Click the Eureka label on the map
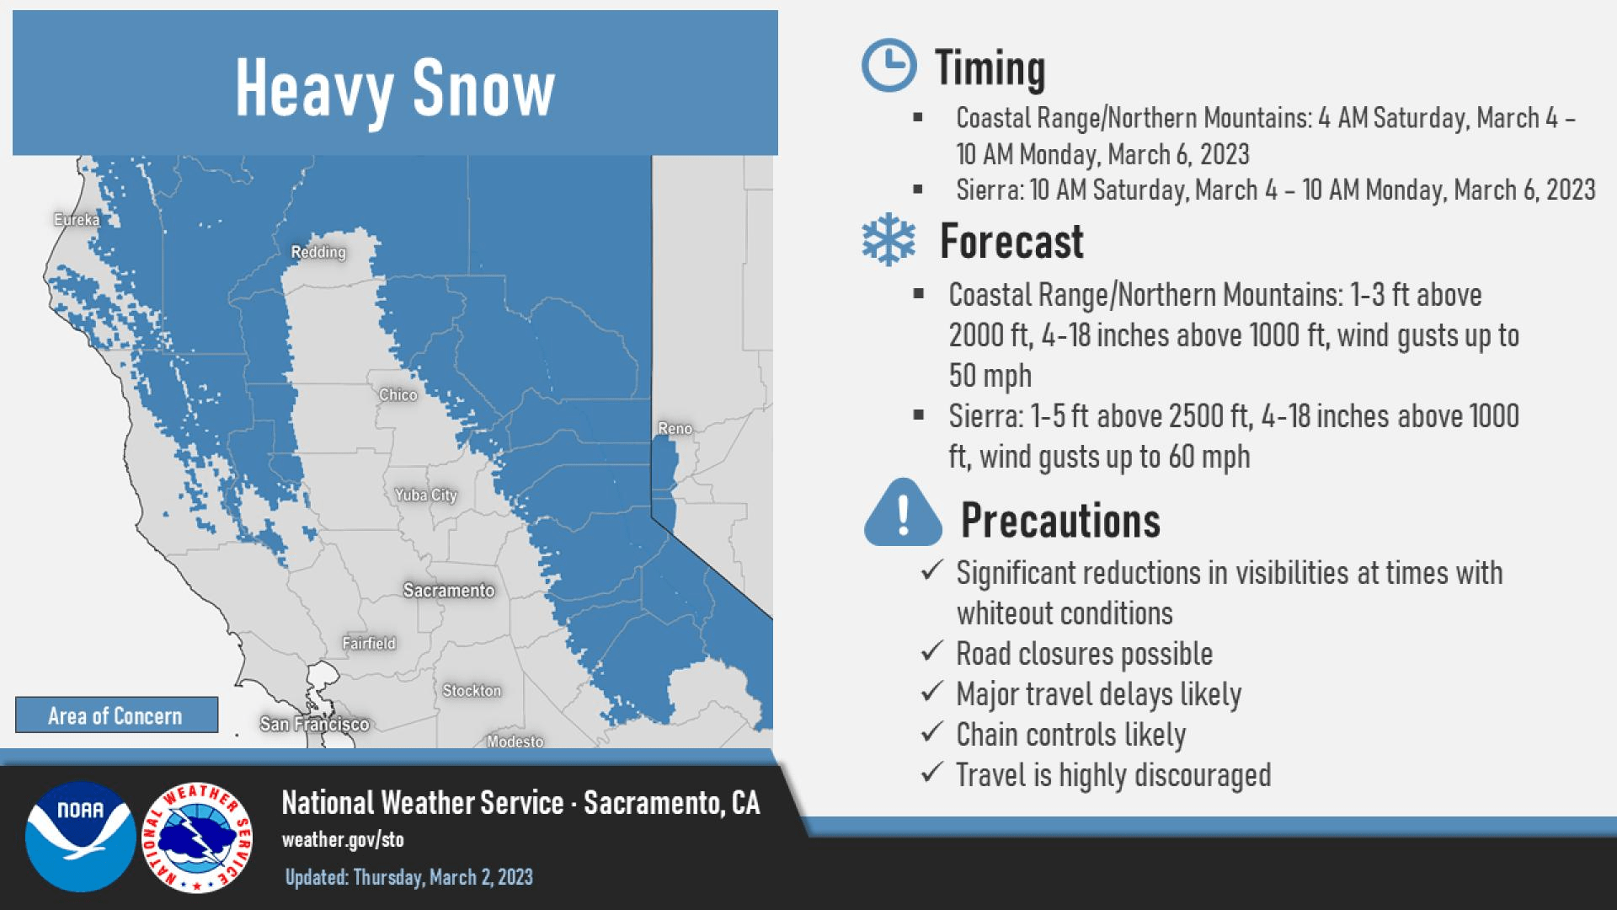pos(77,220)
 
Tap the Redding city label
pos(318,252)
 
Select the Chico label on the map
pos(398,395)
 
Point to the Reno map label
pos(675,429)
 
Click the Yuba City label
pos(426,495)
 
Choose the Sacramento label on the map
pos(449,591)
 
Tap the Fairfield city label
pos(369,644)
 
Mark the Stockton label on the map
pos(472,691)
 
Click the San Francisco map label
pos(314,725)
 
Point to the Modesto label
pos(515,741)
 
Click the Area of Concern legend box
pos(116,715)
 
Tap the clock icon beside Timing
pos(889,66)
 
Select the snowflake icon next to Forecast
pos(889,240)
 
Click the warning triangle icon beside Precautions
pos(903,512)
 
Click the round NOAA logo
pos(80,837)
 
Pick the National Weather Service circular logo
pos(197,837)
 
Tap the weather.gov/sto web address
pos(343,840)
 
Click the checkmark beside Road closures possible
pos(931,651)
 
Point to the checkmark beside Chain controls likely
pos(931,732)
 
